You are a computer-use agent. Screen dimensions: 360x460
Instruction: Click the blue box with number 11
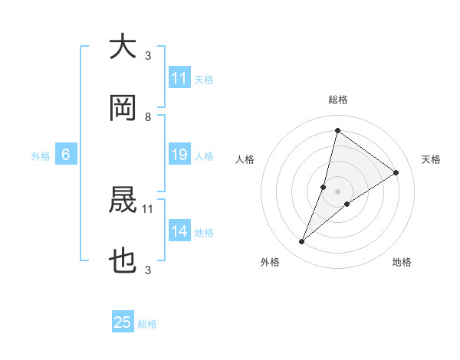coord(179,78)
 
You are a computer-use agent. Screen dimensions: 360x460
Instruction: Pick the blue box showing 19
coord(179,155)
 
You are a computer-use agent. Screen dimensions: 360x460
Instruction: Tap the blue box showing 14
coord(179,231)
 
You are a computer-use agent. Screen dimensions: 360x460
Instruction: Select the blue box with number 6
coord(66,155)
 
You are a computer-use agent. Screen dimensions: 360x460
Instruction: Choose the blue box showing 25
coord(123,322)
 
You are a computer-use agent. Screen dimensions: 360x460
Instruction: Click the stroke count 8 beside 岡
coord(148,117)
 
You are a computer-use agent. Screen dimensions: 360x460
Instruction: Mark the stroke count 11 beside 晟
coord(148,208)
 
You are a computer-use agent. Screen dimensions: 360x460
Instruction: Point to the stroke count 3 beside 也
coord(148,270)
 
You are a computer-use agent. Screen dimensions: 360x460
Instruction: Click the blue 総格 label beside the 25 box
coord(148,324)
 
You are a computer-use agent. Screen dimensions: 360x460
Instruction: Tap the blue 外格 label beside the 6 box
coord(41,156)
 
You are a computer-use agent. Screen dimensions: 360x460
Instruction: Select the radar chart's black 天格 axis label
coord(431,159)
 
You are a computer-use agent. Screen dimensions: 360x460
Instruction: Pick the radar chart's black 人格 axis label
coord(245,159)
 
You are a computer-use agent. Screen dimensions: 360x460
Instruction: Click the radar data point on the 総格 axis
coord(337,130)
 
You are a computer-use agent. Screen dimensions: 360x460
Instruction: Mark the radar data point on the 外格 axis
coord(302,242)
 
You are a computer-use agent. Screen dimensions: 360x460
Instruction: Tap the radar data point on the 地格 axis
coord(347,203)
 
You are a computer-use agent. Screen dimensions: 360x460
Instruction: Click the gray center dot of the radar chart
coord(337,191)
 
